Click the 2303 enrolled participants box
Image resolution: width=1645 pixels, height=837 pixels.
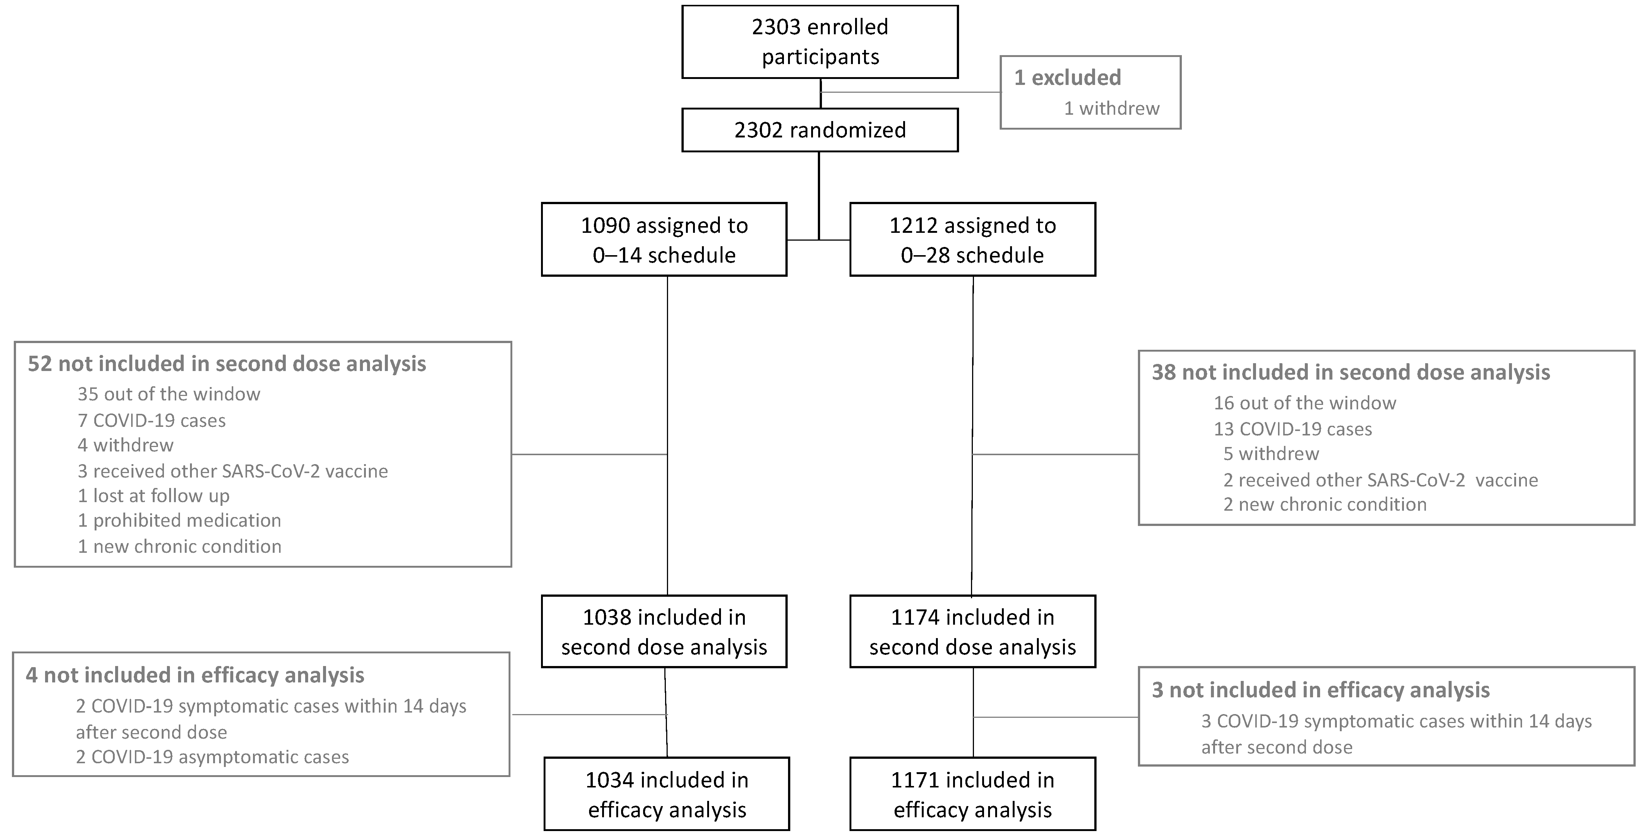click(x=820, y=42)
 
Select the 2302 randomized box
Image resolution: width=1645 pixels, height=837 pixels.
click(x=820, y=130)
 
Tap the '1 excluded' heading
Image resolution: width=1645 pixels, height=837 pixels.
click(x=1067, y=78)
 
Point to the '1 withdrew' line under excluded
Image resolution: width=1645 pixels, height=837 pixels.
click(x=1111, y=108)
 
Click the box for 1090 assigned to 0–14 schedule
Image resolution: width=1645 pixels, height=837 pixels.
click(x=664, y=240)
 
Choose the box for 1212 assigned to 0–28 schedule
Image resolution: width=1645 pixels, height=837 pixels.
click(x=972, y=240)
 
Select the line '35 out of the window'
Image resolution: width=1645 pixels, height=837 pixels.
click(x=168, y=394)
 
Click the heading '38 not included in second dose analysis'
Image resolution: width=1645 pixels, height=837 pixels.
click(x=1351, y=372)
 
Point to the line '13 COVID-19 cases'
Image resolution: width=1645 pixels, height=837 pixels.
click(x=1293, y=429)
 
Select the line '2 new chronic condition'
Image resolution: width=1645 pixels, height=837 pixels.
click(x=1325, y=504)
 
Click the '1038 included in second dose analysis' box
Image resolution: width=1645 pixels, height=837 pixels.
click(x=664, y=632)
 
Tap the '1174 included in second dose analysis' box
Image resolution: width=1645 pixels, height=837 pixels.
click(x=972, y=632)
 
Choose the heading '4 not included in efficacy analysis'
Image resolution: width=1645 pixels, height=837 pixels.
click(x=195, y=675)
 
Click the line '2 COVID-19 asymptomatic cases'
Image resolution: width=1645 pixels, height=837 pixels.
click(x=212, y=757)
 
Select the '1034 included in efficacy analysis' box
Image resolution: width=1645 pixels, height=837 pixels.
click(x=667, y=794)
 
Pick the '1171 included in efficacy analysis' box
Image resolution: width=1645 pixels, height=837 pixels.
click(x=972, y=794)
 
